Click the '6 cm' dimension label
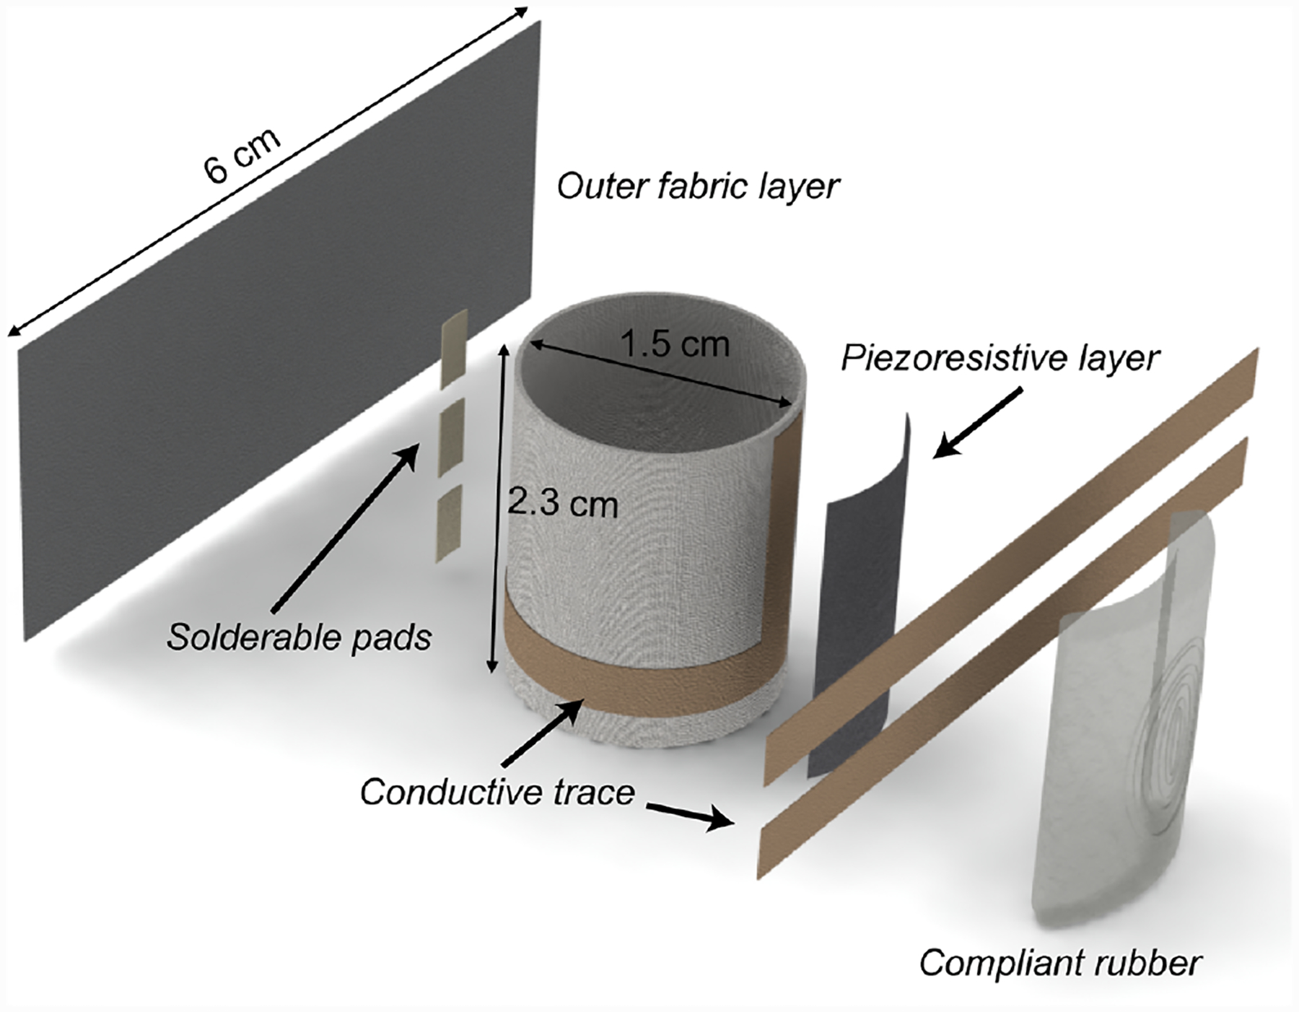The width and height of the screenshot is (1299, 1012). tap(242, 157)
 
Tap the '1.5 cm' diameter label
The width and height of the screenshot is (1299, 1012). tap(675, 344)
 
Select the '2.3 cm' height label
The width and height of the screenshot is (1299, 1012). tap(563, 503)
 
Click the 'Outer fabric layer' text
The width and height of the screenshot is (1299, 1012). tap(698, 186)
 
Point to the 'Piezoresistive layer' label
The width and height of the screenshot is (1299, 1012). tap(1000, 359)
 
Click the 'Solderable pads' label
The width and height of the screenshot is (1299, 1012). tap(299, 637)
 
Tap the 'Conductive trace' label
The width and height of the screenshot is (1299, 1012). tap(497, 793)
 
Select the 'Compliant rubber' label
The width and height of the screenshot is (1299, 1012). tap(1061, 964)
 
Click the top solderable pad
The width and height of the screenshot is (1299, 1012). tap(454, 349)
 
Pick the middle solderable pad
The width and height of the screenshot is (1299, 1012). tap(452, 439)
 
